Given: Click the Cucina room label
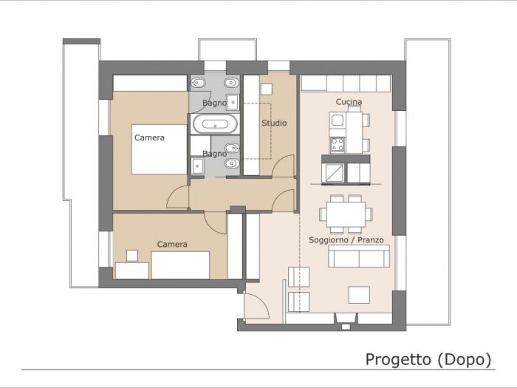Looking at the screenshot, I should [x=349, y=102].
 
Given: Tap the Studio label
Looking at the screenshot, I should [x=273, y=123].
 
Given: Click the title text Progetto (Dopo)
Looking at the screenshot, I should [x=428, y=359].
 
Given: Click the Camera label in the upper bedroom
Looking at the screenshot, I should [x=149, y=137].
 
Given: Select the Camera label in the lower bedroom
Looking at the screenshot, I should [x=172, y=244].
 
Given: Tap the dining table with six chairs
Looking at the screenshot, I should [x=346, y=214].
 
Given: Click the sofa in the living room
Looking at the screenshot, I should [x=359, y=257].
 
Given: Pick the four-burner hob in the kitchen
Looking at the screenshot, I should [x=338, y=144].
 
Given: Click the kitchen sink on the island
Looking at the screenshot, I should [x=338, y=120].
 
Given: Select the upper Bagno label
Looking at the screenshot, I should [x=214, y=103].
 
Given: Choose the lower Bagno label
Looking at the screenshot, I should [x=214, y=154].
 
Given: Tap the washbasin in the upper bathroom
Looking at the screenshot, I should [x=233, y=102].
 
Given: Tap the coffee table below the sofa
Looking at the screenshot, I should [x=360, y=293].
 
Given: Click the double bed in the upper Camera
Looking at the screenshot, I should [x=159, y=148].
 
